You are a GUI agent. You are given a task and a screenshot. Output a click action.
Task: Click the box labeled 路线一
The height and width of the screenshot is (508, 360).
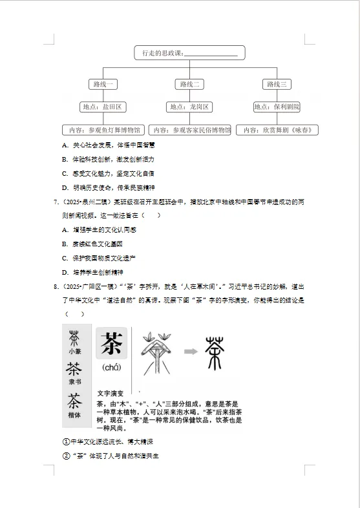tap(103, 84)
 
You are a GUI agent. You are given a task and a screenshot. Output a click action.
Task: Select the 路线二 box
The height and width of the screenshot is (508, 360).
tap(191, 84)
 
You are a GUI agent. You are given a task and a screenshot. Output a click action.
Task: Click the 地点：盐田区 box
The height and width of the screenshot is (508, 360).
tap(103, 107)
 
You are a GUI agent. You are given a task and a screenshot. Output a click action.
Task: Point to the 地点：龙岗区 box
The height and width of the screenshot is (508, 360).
tap(190, 107)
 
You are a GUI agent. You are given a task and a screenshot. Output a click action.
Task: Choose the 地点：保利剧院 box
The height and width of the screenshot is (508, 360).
tap(277, 107)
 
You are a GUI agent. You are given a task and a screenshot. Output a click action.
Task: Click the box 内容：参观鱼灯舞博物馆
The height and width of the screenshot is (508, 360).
tap(103, 130)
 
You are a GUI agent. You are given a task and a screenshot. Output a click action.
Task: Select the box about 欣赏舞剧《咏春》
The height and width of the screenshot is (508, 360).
tap(277, 130)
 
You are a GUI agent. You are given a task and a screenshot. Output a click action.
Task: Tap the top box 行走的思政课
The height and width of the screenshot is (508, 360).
tap(190, 53)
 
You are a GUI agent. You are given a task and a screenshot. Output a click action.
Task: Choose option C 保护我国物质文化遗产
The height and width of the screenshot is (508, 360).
tap(103, 258)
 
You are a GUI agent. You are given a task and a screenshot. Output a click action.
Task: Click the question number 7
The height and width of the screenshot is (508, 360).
tap(55, 202)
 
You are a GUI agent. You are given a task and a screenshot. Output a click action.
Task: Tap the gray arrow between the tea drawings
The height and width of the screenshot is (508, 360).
tap(189, 352)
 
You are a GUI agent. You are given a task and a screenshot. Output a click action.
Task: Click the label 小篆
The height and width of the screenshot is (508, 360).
tap(75, 352)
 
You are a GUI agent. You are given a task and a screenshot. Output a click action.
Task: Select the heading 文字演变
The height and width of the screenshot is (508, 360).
tap(109, 392)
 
